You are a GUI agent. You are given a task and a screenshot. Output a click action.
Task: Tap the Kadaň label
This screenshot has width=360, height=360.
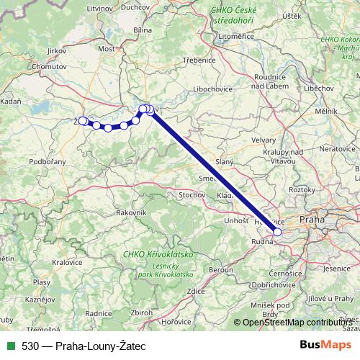pyautogui.click(x=10, y=103)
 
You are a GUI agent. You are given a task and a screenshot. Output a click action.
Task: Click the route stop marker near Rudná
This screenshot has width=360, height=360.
pyautogui.click(x=277, y=232)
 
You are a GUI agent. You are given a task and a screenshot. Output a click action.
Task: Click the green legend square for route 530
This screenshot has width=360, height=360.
pyautogui.click(x=8, y=346)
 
